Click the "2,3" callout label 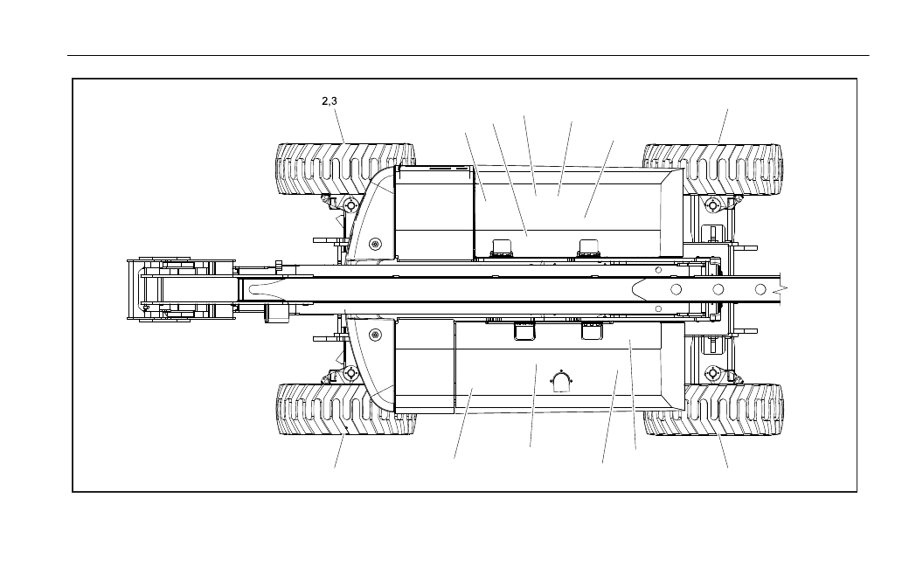tap(330, 100)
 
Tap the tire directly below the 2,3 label tap(345, 169)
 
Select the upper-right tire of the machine tap(713, 169)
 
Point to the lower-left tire tap(346, 409)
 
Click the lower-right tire tap(713, 409)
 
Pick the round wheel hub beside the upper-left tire tap(350, 205)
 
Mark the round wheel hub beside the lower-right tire tap(712, 373)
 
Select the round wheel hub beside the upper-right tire tap(712, 204)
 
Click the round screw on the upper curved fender tap(377, 243)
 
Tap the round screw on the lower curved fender tap(377, 335)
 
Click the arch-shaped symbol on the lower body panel tap(560, 382)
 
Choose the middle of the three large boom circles tap(718, 289)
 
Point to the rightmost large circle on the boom tap(760, 289)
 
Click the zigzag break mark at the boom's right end tap(784, 289)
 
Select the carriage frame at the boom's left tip tap(182, 289)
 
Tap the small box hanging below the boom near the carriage tap(276, 314)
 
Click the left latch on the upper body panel tap(501, 247)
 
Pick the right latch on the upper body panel tap(590, 247)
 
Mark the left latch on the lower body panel tap(524, 331)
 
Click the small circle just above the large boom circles tap(658, 270)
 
